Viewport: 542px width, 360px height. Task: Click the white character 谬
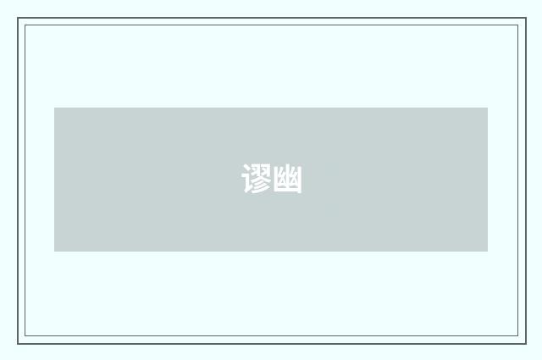[x=256, y=180]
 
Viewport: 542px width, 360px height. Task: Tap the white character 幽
[x=287, y=180]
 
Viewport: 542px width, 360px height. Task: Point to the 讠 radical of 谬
[x=247, y=180]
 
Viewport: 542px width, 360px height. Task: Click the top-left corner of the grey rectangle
[x=55, y=108]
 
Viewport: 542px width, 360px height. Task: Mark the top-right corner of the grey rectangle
[x=487, y=108]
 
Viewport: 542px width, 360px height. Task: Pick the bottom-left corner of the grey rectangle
[x=55, y=251]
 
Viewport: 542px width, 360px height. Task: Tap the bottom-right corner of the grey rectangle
[x=487, y=251]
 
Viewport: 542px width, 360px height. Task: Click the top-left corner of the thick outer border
[x=19, y=19]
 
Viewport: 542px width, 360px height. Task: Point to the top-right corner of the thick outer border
[x=525, y=19]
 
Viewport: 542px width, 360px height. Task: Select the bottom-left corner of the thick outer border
[x=19, y=342]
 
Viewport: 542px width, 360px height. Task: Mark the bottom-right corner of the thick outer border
[x=525, y=342]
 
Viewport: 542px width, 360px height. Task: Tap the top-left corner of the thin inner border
[x=25, y=25]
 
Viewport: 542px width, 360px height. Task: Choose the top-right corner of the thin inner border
[x=517, y=25]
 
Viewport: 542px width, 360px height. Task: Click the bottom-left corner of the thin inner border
[x=25, y=336]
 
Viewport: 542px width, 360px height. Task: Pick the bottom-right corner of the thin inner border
[x=517, y=336]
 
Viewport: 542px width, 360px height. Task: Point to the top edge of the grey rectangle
[x=271, y=108]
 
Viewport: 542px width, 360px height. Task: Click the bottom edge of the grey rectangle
[x=271, y=251]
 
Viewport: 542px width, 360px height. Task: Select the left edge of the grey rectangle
[x=55, y=180]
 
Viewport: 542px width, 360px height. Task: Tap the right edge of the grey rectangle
[x=487, y=180]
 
